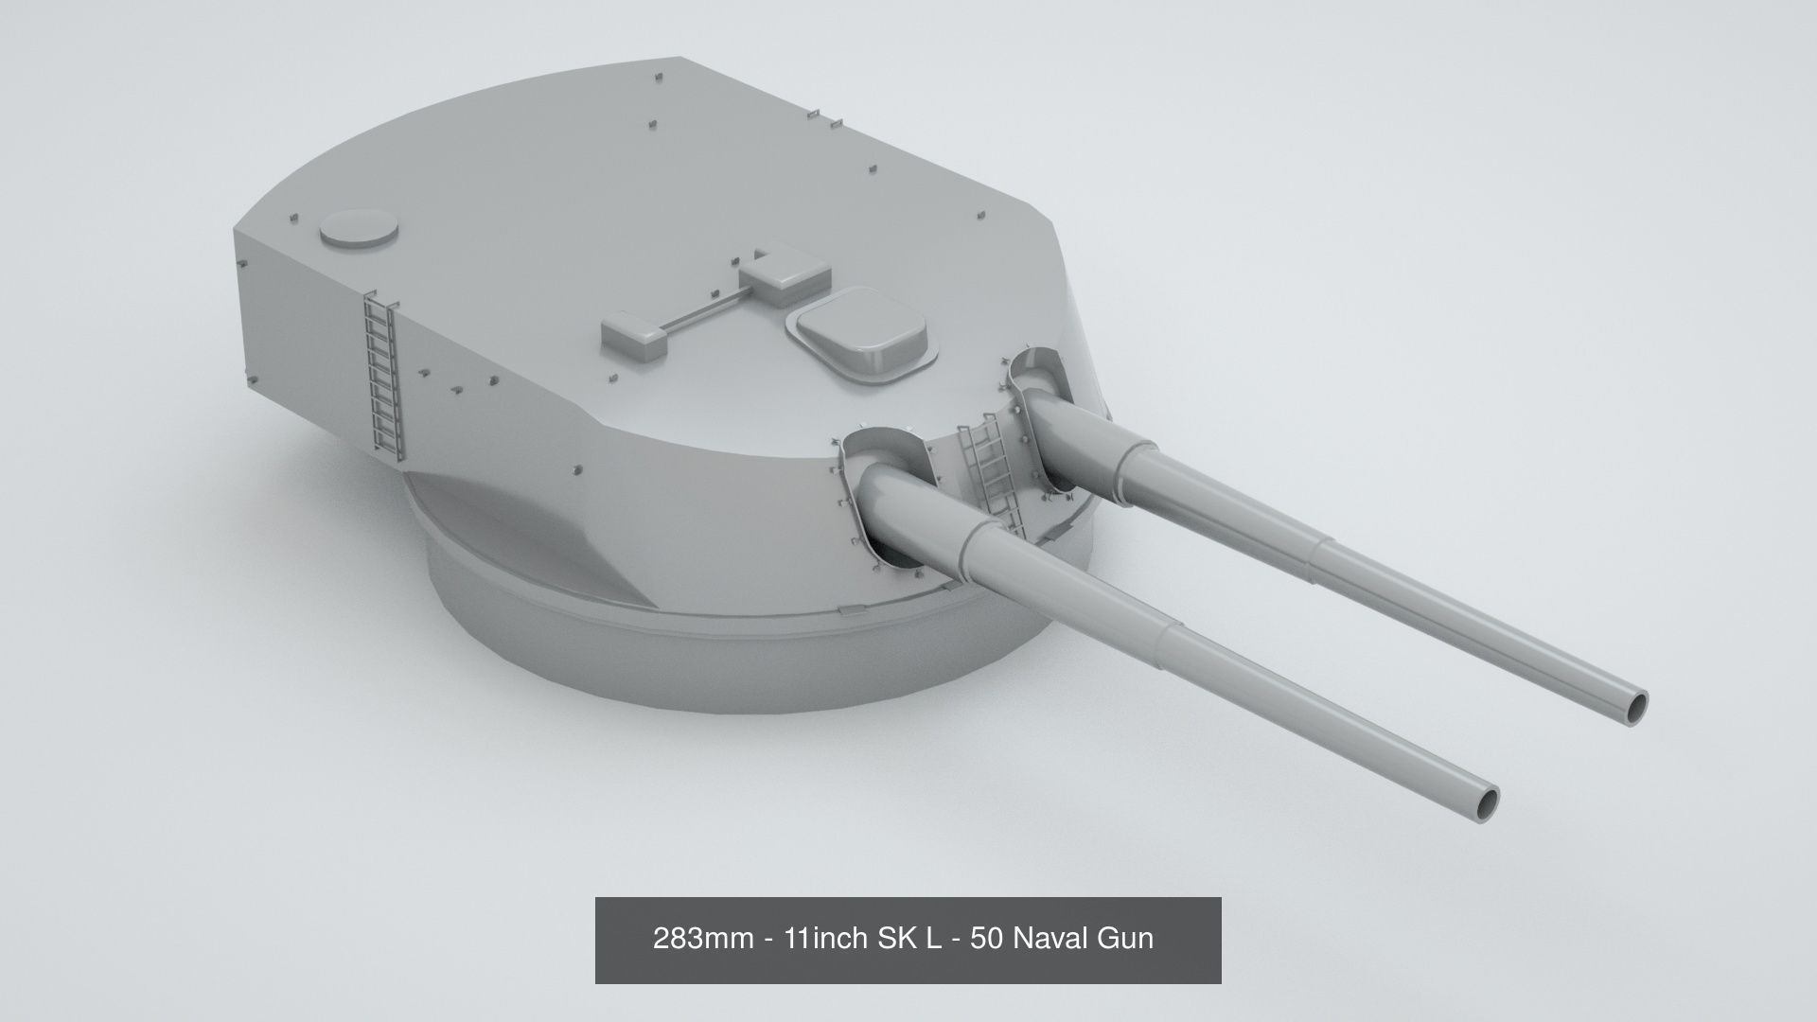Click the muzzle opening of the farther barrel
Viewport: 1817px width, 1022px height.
click(x=1635, y=705)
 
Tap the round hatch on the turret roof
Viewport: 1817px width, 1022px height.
click(x=359, y=228)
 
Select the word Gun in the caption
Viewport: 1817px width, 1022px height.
click(x=1125, y=939)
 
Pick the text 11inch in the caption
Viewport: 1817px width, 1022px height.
click(x=825, y=939)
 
